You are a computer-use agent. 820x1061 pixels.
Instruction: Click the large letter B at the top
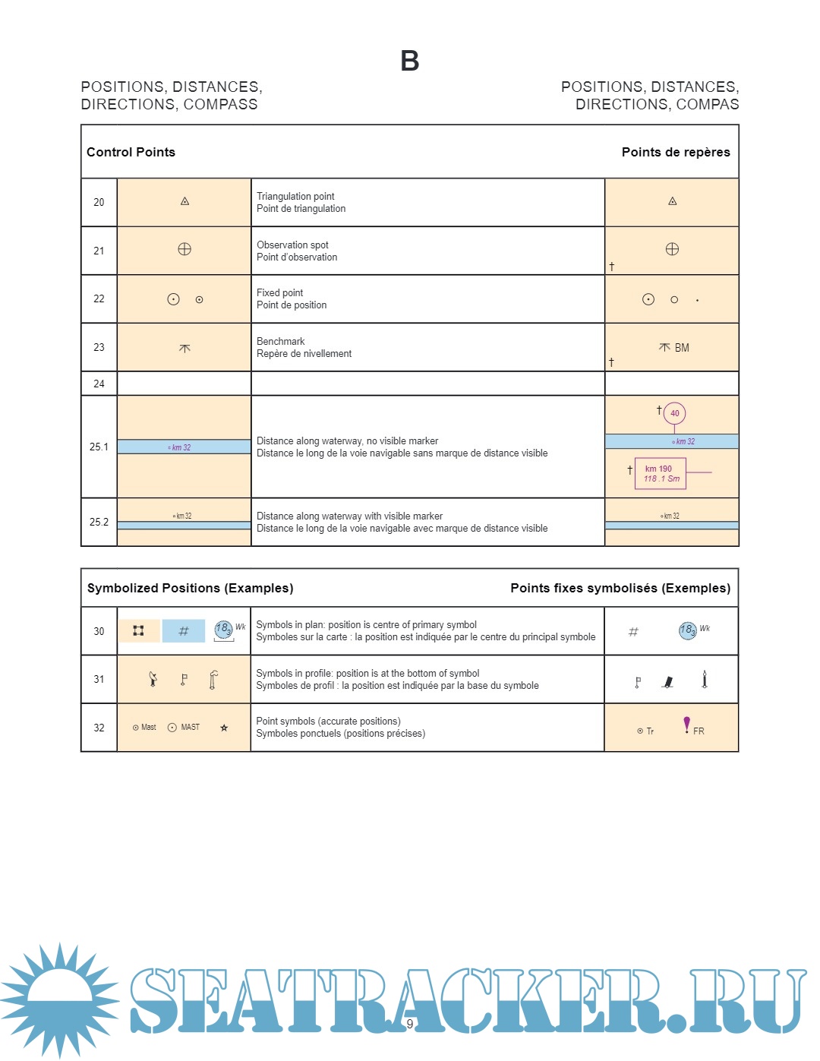pos(410,61)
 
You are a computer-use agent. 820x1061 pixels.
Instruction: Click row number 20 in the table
pos(99,202)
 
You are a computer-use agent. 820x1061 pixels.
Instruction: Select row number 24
pos(99,384)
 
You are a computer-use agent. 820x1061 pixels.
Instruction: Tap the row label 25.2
pos(99,522)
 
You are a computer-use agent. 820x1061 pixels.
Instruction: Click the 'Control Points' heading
pos(131,152)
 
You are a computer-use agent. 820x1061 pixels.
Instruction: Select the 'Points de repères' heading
pos(676,152)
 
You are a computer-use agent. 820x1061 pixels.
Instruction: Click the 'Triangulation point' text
pos(295,196)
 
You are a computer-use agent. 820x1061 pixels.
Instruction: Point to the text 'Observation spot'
pos(292,245)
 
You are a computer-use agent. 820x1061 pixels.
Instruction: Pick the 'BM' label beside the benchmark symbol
pos(682,348)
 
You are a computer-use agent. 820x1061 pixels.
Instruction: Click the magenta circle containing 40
pos(674,413)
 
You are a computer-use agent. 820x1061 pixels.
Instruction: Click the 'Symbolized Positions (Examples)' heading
pos(190,588)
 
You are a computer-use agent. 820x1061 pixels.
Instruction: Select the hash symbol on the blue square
pos(184,631)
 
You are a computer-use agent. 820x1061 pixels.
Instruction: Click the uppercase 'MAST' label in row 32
pos(190,727)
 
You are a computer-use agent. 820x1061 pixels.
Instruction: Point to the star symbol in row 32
pos(224,728)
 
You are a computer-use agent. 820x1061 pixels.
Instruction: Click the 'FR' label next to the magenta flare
pos(699,731)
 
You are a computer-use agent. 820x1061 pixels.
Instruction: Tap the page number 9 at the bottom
pos(410,1024)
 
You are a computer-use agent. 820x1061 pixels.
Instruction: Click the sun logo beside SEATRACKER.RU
pos(59,999)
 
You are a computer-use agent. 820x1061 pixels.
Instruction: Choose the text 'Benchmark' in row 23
pos(280,341)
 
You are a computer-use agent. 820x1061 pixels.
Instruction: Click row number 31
pos(99,679)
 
